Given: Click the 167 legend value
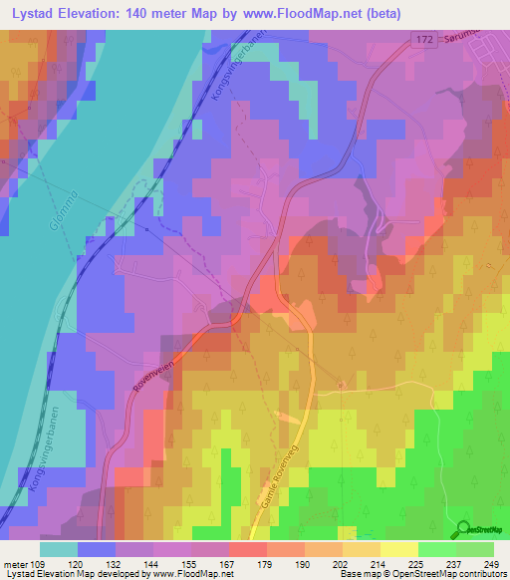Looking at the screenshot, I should click(225, 563).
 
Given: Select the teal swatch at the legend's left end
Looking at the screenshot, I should click(59, 549).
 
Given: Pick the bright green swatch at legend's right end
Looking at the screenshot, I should click(474, 549).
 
